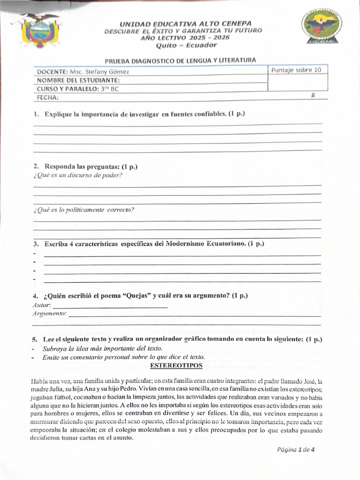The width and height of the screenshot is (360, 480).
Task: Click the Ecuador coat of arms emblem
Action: coord(40,31)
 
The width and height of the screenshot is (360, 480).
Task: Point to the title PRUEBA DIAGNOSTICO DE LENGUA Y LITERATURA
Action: coord(180,60)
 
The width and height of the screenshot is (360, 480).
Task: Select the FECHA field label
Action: coord(47,97)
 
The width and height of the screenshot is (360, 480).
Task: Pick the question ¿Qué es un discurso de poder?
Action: coord(78,175)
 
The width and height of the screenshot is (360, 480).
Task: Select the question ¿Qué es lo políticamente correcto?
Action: coord(83,210)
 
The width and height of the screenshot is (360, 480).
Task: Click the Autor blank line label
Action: coord(42,305)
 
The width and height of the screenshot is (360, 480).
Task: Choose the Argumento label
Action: coord(49,313)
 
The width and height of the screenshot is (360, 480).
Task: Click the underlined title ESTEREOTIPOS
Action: coord(176,365)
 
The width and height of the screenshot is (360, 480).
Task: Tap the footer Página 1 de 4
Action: coord(295,450)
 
